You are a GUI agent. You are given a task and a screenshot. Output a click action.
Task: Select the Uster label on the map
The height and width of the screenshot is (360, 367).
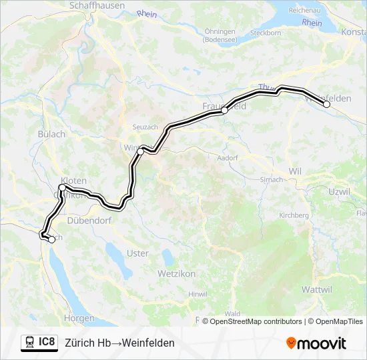click(x=137, y=253)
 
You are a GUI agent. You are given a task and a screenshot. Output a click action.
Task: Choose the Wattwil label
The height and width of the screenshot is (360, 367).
click(x=316, y=289)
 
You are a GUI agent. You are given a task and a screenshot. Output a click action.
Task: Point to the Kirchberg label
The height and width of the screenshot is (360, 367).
click(x=294, y=215)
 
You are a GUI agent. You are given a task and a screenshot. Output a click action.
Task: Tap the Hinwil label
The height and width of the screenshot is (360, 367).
click(x=198, y=294)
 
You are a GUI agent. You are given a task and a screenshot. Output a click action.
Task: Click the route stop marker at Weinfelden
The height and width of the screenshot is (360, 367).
click(x=327, y=104)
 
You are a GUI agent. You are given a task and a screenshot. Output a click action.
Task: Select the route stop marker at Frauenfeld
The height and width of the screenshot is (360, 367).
click(x=225, y=111)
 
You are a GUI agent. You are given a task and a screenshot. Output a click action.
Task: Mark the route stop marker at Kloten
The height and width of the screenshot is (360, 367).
click(x=62, y=188)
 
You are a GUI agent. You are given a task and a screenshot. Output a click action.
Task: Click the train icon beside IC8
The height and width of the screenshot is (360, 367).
click(x=29, y=343)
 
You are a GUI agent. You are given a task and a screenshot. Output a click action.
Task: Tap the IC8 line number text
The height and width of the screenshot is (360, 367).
click(x=47, y=343)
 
